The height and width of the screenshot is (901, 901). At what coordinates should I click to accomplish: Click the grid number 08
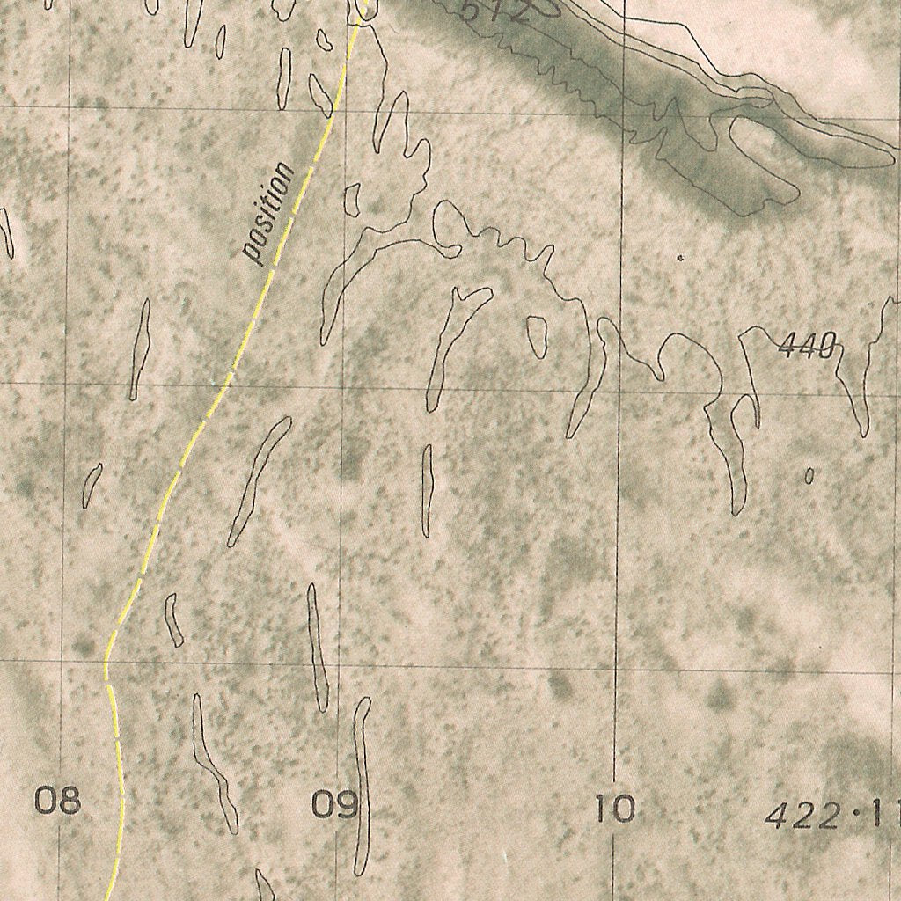tap(57, 801)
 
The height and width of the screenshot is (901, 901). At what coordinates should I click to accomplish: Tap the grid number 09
tap(335, 804)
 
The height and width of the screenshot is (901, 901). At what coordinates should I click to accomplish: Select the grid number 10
tap(613, 807)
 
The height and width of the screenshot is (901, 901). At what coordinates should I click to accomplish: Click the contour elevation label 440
tap(806, 348)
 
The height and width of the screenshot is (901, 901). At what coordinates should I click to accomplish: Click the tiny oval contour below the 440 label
tap(809, 476)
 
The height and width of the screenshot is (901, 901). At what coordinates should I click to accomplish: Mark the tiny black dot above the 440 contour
tap(679, 258)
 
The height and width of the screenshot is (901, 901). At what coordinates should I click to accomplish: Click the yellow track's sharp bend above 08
tap(107, 658)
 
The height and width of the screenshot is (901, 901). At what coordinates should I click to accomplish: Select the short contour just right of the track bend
tap(174, 620)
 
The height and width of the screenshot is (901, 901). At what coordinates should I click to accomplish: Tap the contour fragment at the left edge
tap(7, 232)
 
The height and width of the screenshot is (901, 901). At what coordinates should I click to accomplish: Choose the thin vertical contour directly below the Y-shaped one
tap(427, 489)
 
